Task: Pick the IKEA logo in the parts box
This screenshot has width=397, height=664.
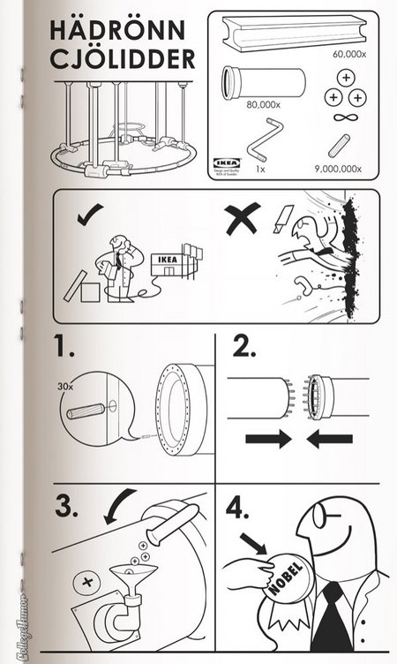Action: [x=227, y=163]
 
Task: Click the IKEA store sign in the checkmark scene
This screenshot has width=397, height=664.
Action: [x=168, y=260]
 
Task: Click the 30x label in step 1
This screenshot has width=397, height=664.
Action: [x=65, y=385]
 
